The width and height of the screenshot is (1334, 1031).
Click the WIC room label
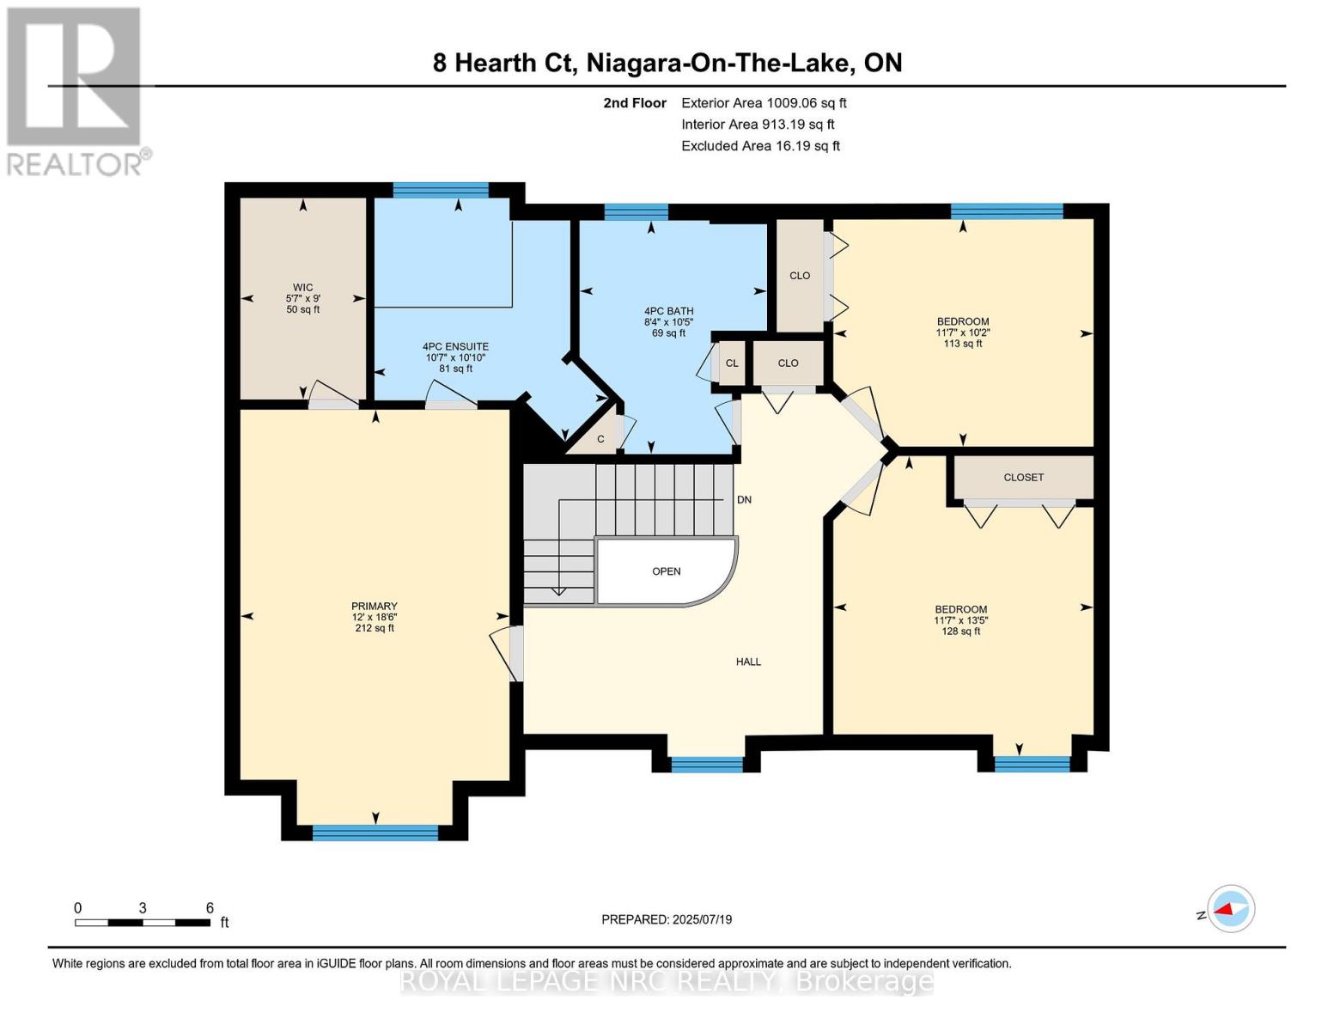tap(302, 288)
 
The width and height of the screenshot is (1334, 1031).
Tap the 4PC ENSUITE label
tap(455, 347)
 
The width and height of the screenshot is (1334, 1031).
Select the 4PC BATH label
tap(668, 312)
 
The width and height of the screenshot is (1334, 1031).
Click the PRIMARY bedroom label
tap(374, 607)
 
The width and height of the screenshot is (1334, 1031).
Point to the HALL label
tap(748, 662)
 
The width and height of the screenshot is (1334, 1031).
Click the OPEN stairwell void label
tap(667, 571)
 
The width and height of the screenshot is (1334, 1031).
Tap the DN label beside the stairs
tap(744, 500)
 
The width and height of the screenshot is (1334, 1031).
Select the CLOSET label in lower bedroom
tap(1023, 478)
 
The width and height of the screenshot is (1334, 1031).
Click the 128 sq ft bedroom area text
tap(960, 631)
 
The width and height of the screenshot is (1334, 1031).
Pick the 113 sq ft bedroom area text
tap(962, 344)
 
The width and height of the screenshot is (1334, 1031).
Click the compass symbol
tap(1230, 909)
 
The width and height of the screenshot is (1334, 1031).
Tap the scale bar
tap(143, 923)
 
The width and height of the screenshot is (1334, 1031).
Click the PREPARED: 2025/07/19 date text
tap(667, 919)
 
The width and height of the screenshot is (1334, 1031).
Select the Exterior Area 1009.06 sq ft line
tap(764, 103)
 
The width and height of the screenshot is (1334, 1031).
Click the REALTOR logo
tap(76, 91)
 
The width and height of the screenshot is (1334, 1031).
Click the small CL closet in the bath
tap(732, 363)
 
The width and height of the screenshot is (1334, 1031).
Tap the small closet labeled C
tap(600, 440)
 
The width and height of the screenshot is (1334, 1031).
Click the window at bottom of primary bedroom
tap(375, 832)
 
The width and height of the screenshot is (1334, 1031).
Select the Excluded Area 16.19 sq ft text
tap(760, 146)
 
